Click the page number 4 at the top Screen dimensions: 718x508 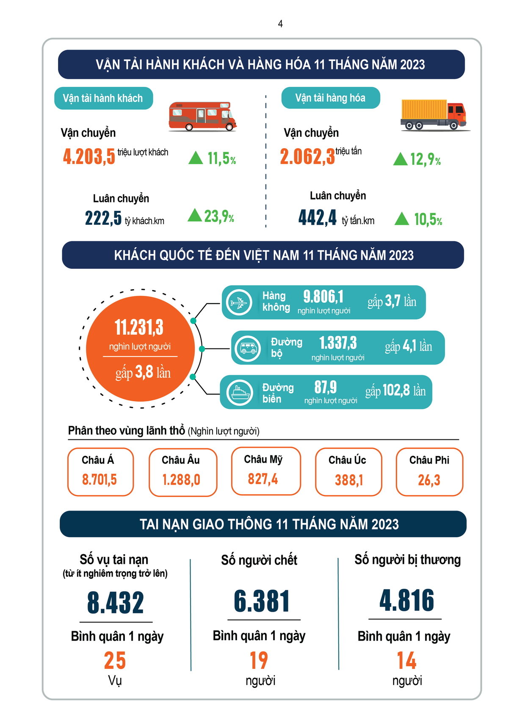(x=280, y=24)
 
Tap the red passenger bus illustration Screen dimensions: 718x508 (x=202, y=116)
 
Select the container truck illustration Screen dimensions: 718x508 (x=433, y=114)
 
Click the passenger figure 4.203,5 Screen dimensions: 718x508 (x=89, y=157)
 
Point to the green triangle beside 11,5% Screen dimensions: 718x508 (x=196, y=158)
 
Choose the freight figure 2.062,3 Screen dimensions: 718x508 (x=307, y=157)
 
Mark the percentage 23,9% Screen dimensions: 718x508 (x=219, y=217)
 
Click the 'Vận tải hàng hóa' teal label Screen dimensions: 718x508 (x=330, y=98)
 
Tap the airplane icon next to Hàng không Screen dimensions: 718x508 (x=239, y=302)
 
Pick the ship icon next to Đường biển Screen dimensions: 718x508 (x=240, y=392)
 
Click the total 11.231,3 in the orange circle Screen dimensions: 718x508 (x=139, y=327)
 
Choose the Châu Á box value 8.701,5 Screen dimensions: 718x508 (x=99, y=480)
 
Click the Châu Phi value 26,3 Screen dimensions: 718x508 (x=429, y=480)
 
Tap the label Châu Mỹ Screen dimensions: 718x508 (x=263, y=459)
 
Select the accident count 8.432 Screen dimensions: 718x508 (x=116, y=603)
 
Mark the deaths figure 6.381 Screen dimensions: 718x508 (x=262, y=601)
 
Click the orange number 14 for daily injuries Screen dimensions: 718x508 (x=406, y=660)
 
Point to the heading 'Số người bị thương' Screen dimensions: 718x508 (x=407, y=560)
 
